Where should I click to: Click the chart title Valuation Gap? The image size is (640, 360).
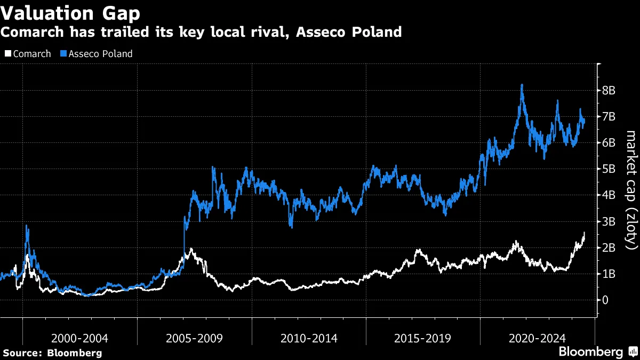click(70, 12)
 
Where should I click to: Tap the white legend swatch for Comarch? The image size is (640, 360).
click(7, 54)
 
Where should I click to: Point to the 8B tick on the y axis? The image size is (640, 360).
click(609, 91)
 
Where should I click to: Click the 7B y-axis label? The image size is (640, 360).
click(609, 117)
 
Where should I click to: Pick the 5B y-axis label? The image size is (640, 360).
click(609, 169)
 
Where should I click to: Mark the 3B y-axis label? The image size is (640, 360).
click(609, 221)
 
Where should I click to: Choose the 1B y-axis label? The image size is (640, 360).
click(609, 274)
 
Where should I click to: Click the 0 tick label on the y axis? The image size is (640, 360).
click(605, 300)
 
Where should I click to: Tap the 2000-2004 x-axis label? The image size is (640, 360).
click(80, 338)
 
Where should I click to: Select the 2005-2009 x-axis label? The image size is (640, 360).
click(194, 338)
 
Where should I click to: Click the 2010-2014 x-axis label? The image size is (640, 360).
click(309, 338)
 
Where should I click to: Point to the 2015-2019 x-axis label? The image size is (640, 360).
click(423, 338)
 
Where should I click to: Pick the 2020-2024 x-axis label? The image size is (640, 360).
click(537, 338)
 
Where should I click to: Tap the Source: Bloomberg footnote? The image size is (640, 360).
click(52, 353)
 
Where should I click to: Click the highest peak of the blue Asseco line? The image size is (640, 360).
click(522, 85)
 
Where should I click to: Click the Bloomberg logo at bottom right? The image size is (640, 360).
click(596, 352)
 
